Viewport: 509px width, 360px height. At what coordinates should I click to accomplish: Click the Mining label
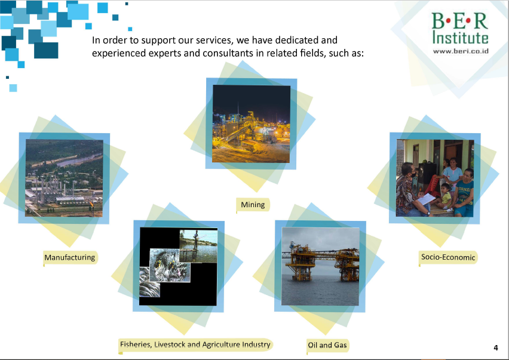point(253,205)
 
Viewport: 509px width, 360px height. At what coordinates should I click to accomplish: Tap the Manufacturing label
point(70,257)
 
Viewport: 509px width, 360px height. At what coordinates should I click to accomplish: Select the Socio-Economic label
point(448,257)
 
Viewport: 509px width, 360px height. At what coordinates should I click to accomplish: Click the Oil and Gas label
point(327,345)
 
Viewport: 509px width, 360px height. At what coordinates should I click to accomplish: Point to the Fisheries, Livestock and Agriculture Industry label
point(195,344)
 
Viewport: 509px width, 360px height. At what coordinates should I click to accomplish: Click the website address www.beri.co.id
point(461,51)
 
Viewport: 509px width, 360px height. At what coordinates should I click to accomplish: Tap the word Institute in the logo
point(460,37)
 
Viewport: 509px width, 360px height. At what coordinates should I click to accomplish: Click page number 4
point(496,347)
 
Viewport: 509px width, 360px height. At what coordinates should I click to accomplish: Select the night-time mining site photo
point(252,124)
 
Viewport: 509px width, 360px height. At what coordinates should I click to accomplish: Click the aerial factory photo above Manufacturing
point(65,178)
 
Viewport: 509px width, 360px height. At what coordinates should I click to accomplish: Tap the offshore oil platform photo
point(320,266)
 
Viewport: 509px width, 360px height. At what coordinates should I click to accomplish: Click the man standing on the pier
point(196,239)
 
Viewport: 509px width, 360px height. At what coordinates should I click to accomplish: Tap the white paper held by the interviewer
point(426,199)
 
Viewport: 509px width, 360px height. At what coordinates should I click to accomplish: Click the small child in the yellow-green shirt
point(446,196)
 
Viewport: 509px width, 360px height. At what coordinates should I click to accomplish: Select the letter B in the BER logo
point(438,21)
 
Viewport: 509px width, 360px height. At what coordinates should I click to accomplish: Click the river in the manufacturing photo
point(80,159)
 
